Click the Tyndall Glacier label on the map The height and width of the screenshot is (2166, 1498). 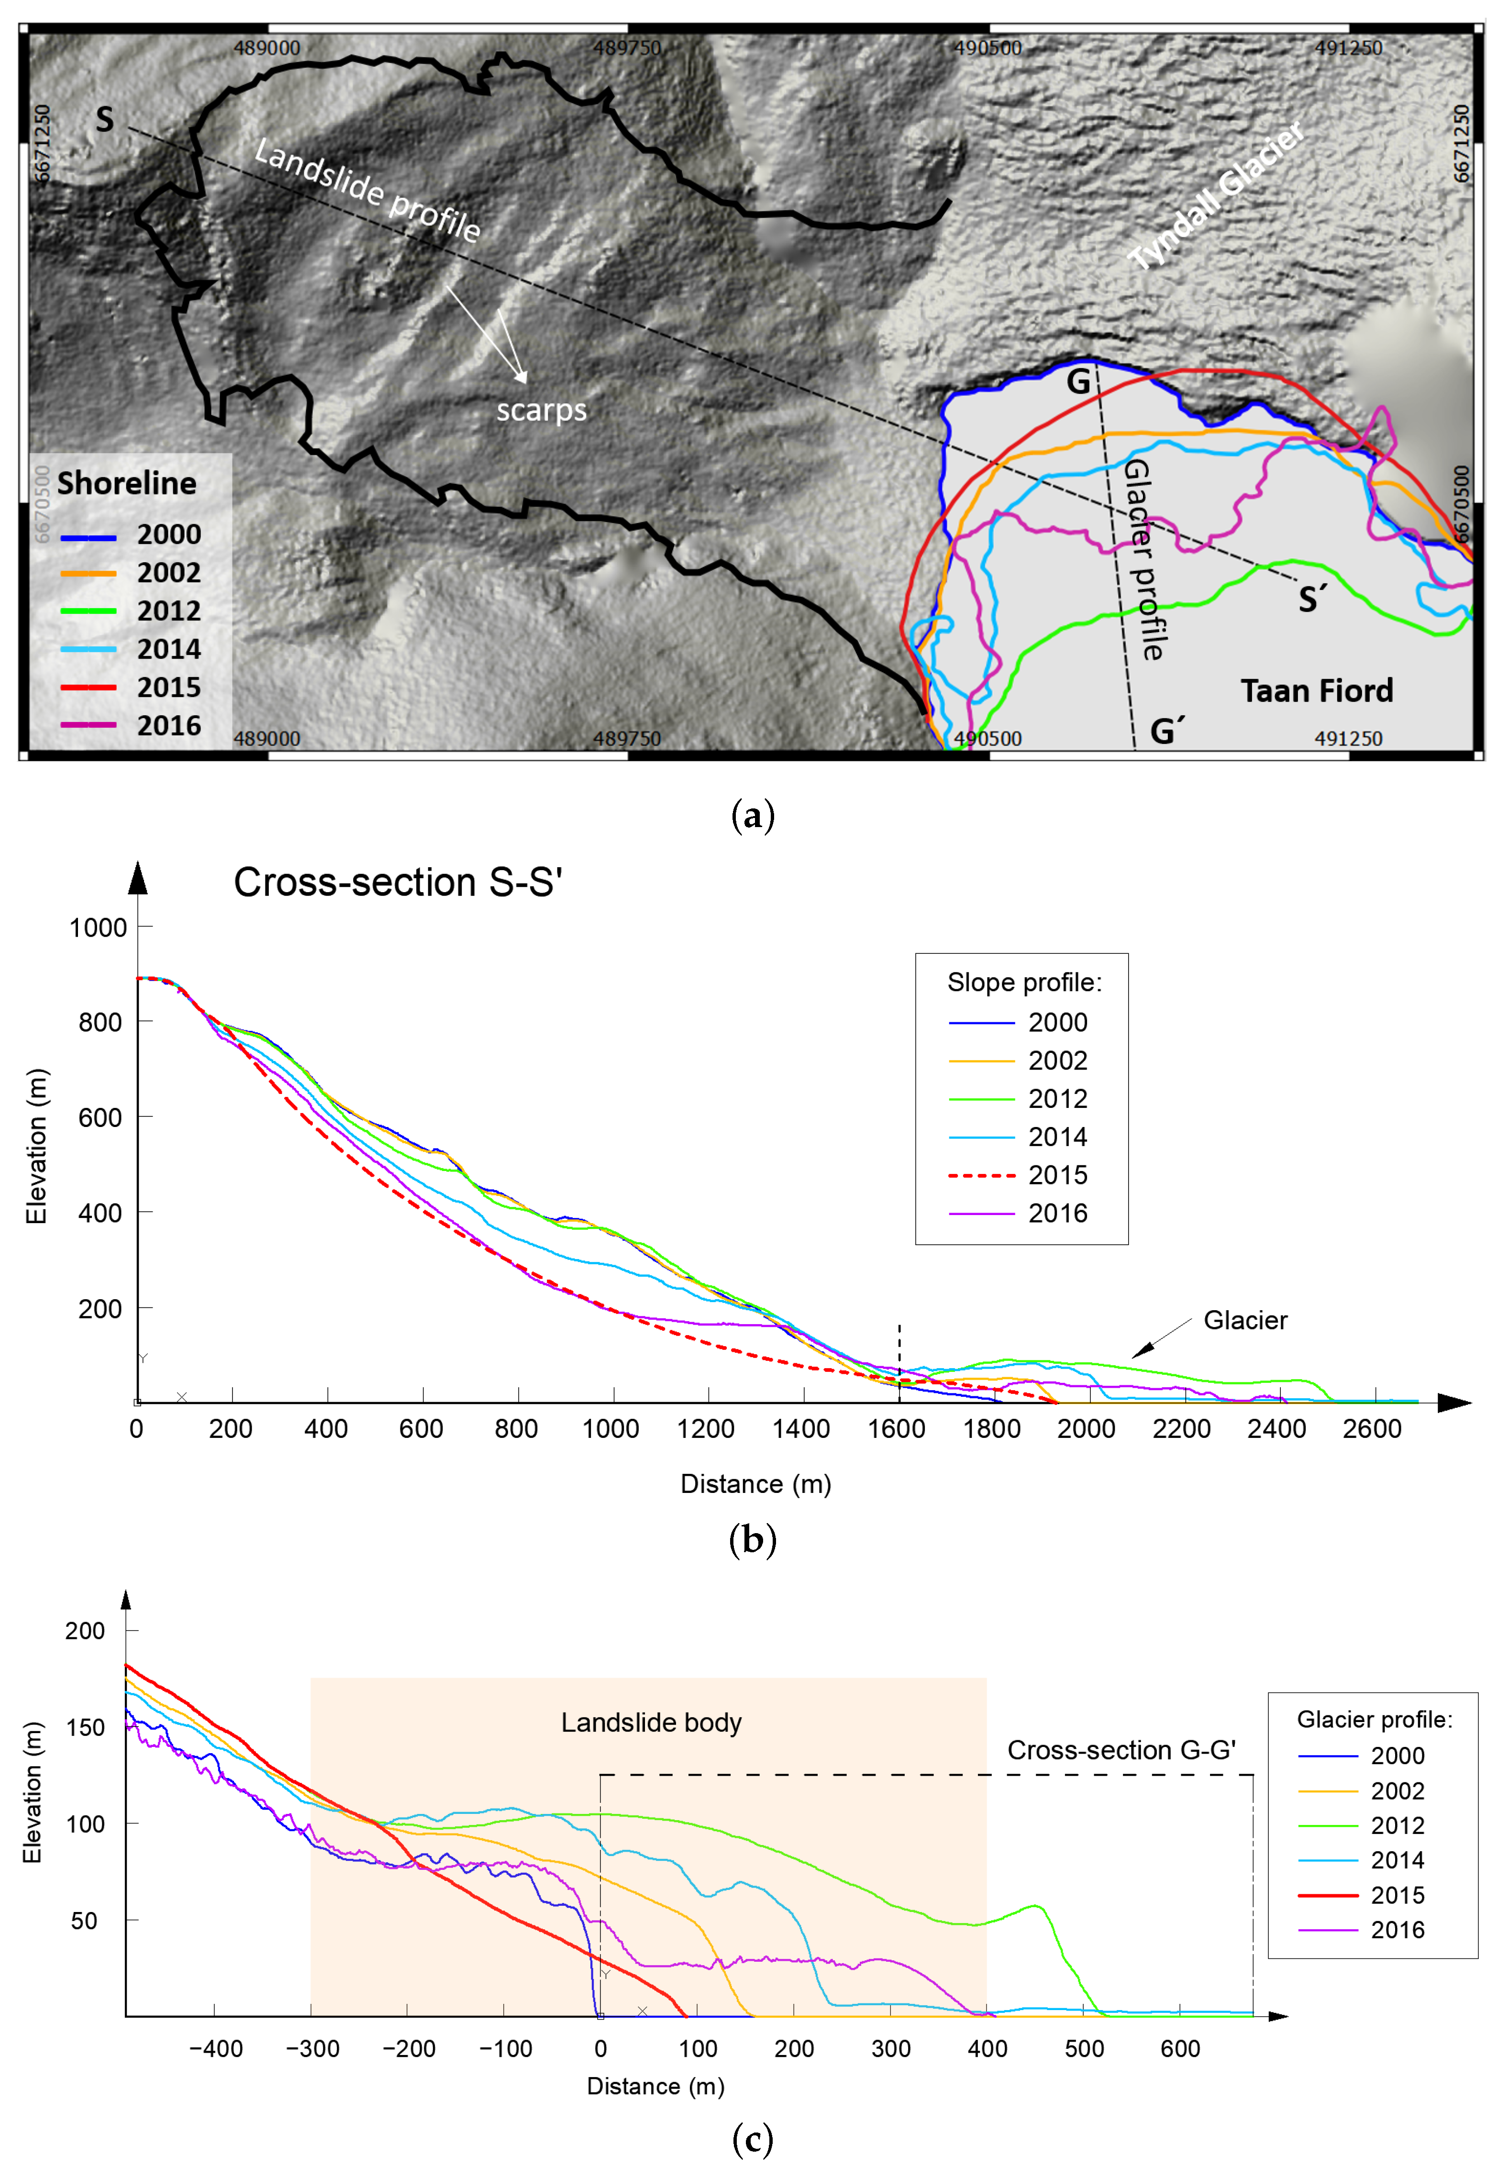tap(1216, 195)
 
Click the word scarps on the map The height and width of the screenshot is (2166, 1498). tap(542, 410)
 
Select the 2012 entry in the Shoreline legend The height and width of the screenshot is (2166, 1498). tap(169, 611)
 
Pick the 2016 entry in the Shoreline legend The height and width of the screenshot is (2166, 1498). tap(169, 726)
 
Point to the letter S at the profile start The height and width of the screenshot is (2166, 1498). tap(104, 119)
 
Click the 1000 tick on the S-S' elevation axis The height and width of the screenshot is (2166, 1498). tap(98, 927)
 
